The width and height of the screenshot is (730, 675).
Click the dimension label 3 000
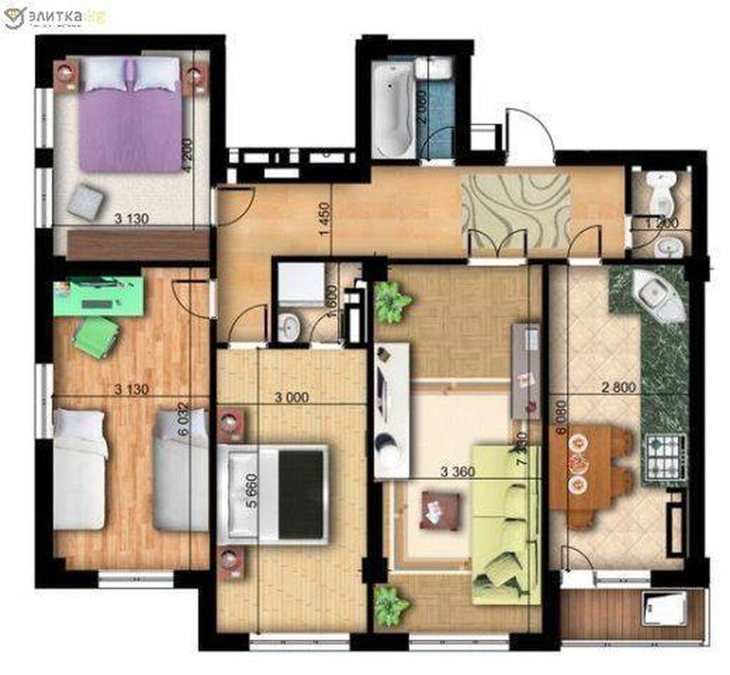pos(293,398)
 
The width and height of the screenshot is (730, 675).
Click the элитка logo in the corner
pos(53,16)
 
